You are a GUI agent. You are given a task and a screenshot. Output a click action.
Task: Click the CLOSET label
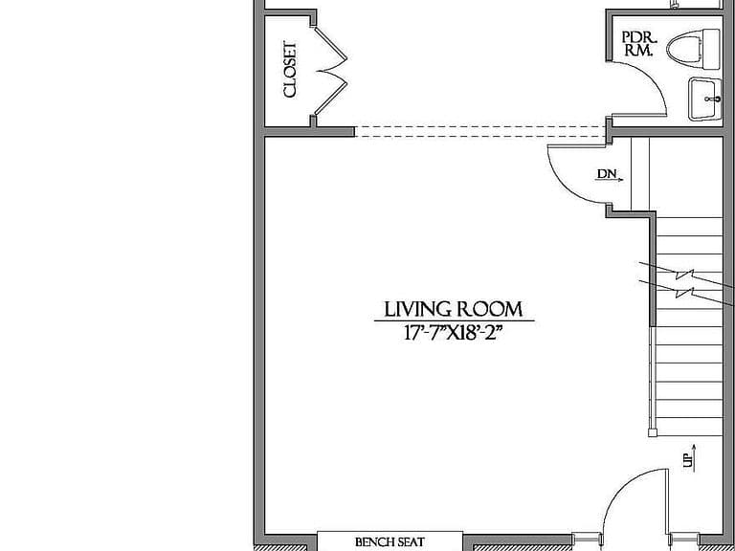coord(290,70)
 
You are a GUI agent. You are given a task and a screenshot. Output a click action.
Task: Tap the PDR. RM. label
coord(638,44)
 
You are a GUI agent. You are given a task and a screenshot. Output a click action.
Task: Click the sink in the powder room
coord(705,99)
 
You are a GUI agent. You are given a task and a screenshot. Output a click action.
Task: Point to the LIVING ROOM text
coord(454,309)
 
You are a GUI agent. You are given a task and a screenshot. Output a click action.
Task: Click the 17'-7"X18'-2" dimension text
coord(454,333)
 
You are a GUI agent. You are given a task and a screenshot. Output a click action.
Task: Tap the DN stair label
coord(607,174)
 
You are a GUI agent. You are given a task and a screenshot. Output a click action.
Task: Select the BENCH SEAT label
coord(390,542)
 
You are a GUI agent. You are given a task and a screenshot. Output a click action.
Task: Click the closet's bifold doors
coord(331,71)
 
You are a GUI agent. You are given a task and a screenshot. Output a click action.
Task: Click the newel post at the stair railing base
coord(653,433)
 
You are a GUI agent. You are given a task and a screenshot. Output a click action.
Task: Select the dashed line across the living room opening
coord(479,132)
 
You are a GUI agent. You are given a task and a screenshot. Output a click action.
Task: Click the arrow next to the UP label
coord(694,458)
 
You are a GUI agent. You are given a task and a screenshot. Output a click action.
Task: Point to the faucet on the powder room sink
coord(714,99)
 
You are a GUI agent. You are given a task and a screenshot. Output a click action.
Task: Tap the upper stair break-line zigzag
coord(685,275)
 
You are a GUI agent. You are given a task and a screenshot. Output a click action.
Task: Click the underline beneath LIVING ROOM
coord(454,321)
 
